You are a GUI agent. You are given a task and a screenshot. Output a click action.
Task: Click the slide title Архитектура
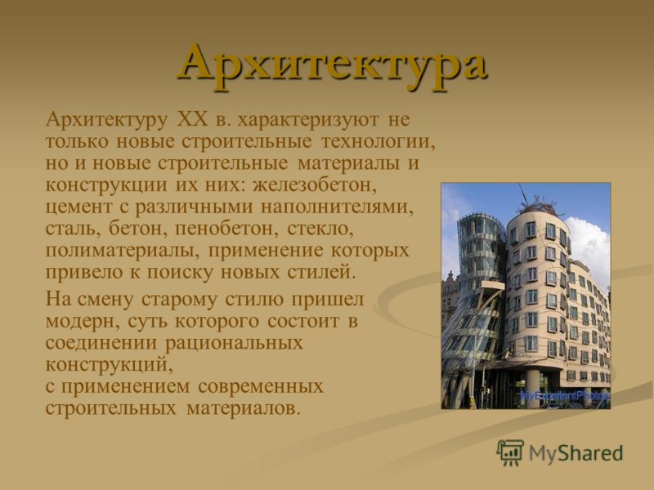(x=333, y=66)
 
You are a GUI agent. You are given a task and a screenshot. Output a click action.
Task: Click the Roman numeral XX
(x=192, y=119)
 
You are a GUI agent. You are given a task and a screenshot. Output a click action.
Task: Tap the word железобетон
(x=315, y=185)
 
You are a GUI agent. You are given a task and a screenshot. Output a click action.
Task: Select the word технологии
(x=379, y=141)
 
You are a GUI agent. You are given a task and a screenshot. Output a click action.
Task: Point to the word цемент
(x=78, y=207)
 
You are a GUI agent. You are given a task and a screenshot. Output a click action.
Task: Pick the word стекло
(x=320, y=229)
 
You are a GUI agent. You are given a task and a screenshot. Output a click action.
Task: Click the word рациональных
(x=234, y=343)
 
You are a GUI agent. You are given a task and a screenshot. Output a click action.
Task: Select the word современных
(x=261, y=386)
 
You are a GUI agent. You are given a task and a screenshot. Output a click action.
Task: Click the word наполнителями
(x=337, y=207)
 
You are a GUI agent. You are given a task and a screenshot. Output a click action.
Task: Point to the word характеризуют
(x=308, y=119)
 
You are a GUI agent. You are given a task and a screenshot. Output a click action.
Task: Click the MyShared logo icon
(x=510, y=453)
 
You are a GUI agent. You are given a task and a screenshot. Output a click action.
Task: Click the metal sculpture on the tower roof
(x=539, y=203)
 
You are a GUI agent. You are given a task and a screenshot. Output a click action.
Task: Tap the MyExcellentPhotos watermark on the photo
(x=565, y=395)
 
